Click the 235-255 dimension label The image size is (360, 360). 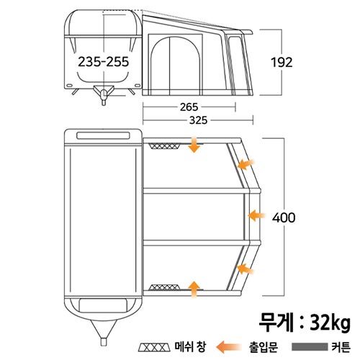(x=104, y=62)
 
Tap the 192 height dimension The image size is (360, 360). (x=282, y=63)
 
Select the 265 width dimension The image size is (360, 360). (x=189, y=107)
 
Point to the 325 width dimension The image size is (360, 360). (x=198, y=120)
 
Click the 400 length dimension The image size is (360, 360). (x=284, y=218)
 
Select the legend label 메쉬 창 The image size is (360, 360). (x=190, y=347)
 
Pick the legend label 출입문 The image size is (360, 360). (x=264, y=347)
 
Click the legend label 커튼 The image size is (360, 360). (x=341, y=347)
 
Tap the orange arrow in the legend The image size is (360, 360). (x=228, y=347)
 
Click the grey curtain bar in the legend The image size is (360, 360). (x=310, y=347)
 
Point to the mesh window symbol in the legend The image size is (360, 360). (x=153, y=347)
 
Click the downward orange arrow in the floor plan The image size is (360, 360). (x=194, y=145)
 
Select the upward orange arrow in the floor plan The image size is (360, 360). (x=194, y=289)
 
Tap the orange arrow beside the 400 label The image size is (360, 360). (x=256, y=215)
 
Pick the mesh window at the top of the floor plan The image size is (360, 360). (x=165, y=146)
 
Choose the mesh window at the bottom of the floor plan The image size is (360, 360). (x=165, y=287)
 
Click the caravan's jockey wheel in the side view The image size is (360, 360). (x=104, y=96)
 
